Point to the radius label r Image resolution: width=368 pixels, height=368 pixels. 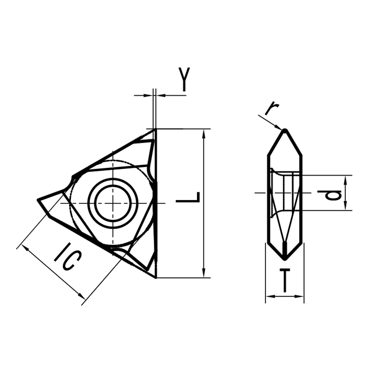coord(272,108)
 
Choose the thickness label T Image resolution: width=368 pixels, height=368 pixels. coord(285,281)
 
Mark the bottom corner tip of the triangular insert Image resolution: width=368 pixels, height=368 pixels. coord(155,277)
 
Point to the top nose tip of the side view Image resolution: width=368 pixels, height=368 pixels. coord(285,130)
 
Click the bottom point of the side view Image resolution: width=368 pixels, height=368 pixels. coord(285,256)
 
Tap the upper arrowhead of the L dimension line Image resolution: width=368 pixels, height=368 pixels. coord(203,132)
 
